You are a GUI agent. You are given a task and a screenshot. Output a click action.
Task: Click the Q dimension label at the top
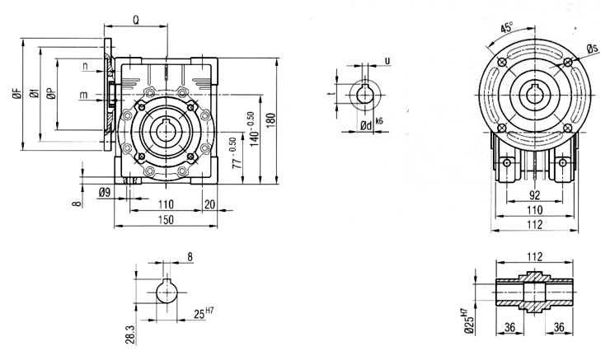coord(136,21)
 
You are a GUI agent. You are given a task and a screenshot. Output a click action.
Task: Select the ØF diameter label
coord(17,93)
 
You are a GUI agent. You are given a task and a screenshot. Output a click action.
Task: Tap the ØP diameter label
coord(51,93)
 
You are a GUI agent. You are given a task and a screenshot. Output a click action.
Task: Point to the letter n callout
coord(85,67)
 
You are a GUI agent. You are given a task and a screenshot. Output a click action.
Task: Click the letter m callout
coord(83,95)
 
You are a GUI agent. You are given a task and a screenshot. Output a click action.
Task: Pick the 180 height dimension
coord(271,119)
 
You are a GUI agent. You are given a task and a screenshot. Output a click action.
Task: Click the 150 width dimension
coord(166,220)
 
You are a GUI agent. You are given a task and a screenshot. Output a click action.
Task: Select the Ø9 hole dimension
coord(105,192)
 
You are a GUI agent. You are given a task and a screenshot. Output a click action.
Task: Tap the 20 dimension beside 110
coord(209,204)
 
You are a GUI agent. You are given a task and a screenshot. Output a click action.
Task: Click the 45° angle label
coord(506,28)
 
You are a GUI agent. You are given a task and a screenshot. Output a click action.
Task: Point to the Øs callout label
coord(592,49)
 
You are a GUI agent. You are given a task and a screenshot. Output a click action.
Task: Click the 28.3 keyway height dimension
coord(130,334)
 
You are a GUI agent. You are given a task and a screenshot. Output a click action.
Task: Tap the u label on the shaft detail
coord(387,61)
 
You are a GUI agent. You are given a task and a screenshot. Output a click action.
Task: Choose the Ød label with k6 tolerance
coord(371,124)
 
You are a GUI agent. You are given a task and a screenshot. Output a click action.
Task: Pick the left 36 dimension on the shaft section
coord(509,327)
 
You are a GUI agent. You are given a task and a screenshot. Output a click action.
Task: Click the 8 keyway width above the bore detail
coord(190,256)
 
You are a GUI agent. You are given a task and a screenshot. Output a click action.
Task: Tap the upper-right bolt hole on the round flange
coord(568,63)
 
